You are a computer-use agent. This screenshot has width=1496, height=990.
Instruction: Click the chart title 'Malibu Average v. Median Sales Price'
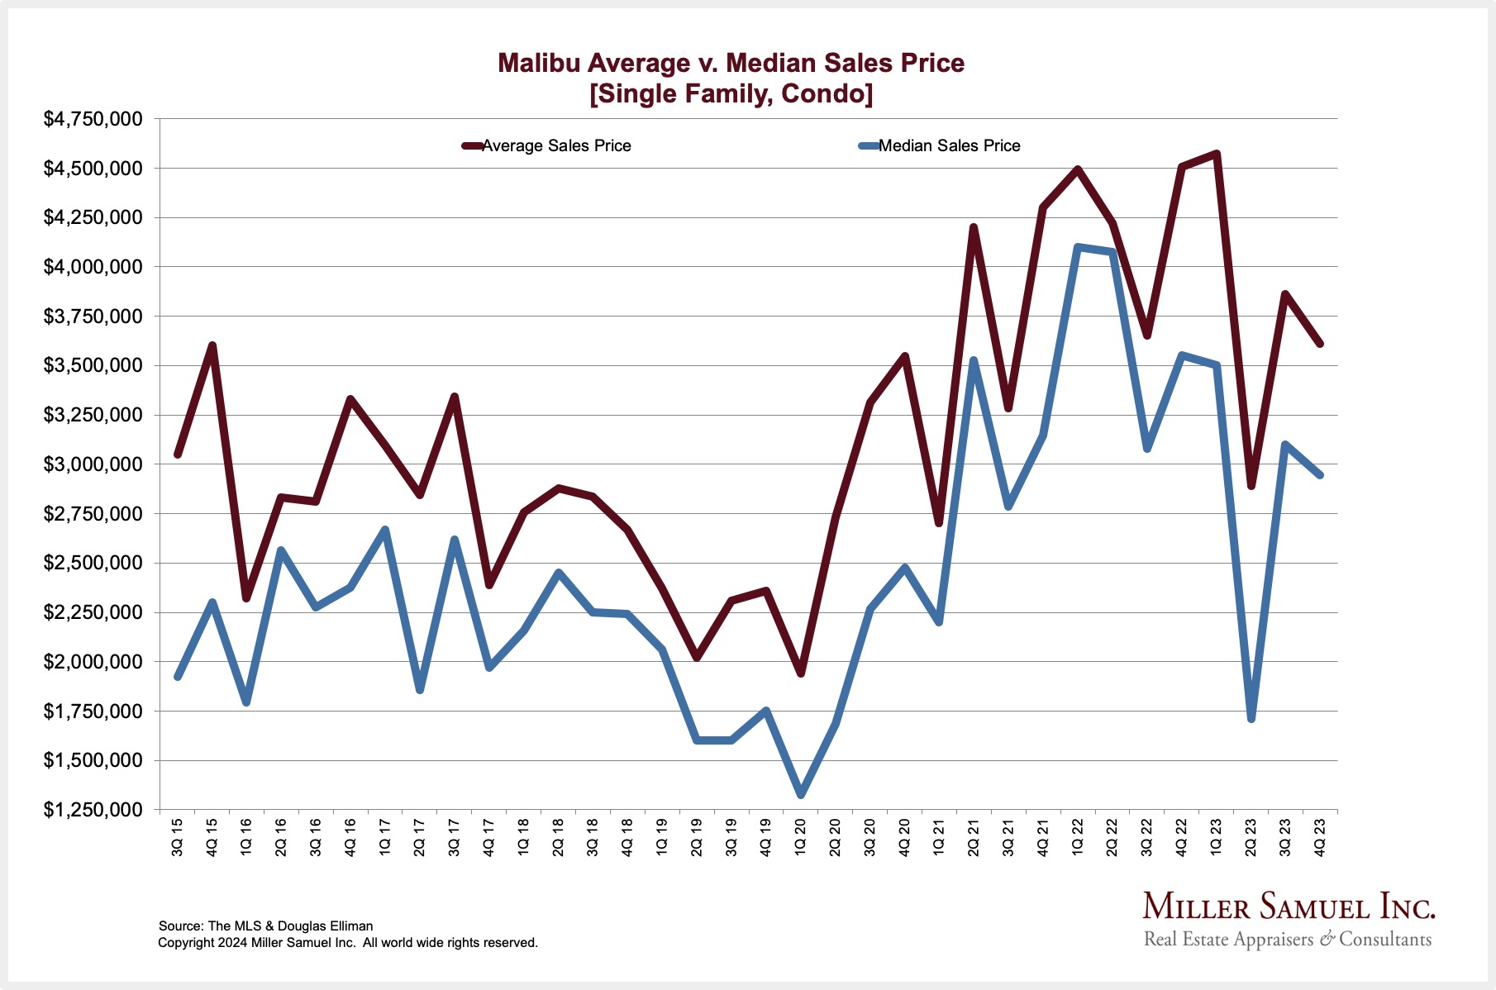[731, 63]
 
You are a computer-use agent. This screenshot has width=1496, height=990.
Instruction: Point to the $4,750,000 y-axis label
[93, 119]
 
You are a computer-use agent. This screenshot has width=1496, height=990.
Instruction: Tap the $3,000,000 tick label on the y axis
[93, 464]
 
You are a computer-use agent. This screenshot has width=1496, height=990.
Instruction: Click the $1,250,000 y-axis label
[93, 810]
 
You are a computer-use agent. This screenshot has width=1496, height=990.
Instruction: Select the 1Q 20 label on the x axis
[800, 836]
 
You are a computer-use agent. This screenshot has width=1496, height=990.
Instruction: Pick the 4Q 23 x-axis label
[1320, 836]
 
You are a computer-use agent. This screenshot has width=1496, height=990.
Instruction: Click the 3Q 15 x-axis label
[178, 836]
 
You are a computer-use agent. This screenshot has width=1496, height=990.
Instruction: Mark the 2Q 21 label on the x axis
[974, 836]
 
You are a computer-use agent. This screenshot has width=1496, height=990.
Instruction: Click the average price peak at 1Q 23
[1217, 154]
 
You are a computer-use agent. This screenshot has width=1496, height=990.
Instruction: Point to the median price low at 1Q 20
[800, 794]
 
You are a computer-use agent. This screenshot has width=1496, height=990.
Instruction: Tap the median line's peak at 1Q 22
[1078, 247]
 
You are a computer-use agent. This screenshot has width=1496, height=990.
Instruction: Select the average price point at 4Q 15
[212, 345]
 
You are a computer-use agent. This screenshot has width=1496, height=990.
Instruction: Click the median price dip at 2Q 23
[1251, 719]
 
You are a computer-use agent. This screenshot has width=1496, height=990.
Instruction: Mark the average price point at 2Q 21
[974, 227]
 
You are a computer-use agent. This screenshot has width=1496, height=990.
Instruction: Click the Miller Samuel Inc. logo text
[1288, 907]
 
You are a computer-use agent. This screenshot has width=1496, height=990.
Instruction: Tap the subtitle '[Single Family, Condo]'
[731, 93]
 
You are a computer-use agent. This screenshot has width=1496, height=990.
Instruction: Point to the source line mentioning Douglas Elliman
[265, 926]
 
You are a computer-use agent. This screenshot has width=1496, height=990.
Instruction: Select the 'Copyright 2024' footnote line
[347, 942]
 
